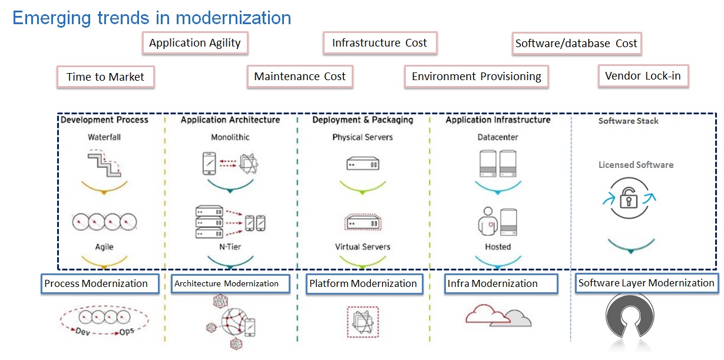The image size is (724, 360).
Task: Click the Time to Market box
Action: coord(105,77)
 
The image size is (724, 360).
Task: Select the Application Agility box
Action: coord(195,43)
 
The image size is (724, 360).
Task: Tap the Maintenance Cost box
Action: coord(300,77)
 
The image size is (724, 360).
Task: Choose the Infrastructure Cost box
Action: coord(379,43)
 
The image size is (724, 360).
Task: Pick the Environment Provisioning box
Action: coord(476,77)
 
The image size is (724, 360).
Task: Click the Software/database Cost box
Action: coord(576,44)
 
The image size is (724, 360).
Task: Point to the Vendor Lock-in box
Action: coord(643,77)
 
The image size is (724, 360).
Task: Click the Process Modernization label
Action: coord(100,283)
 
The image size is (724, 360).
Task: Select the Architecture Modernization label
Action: coord(230,283)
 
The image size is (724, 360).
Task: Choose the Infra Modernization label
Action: coord(501,283)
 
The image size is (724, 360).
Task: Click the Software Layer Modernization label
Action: coord(646,283)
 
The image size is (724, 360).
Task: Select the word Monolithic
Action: coord(230,137)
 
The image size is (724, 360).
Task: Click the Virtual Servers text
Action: coord(362,247)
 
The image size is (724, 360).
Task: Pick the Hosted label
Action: coord(498,247)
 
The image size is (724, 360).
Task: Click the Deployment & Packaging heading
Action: coord(362,120)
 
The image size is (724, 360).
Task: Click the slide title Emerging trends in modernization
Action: coord(151,18)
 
